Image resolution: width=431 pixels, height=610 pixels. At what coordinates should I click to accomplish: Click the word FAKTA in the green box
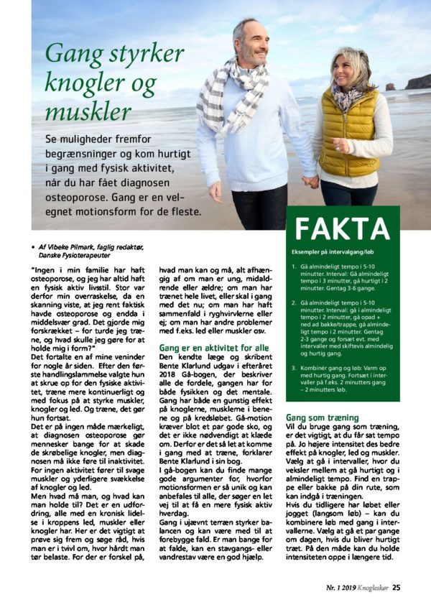[x=342, y=228]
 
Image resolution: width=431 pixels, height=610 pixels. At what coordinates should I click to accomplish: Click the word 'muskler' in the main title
[x=88, y=111]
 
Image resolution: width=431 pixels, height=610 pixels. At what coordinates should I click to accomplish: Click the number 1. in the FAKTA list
[x=294, y=269]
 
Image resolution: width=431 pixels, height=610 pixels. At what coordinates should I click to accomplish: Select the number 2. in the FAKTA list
[x=294, y=304]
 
